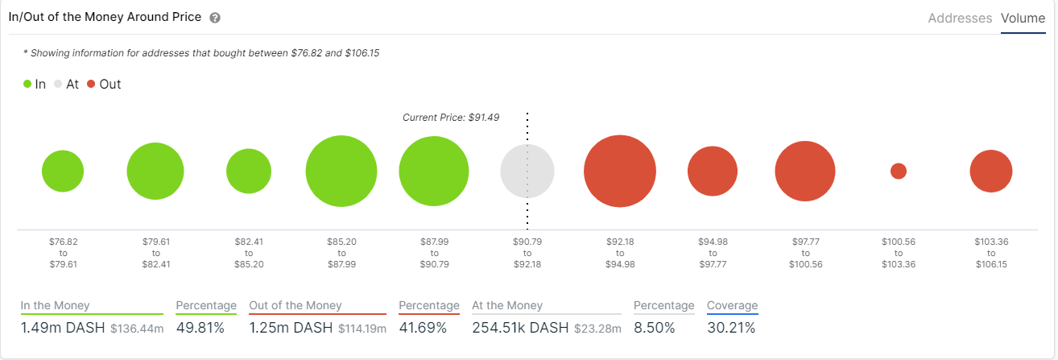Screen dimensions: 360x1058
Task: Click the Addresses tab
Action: (960, 18)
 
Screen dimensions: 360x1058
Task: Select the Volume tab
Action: (1023, 18)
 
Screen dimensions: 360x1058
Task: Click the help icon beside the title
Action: (215, 18)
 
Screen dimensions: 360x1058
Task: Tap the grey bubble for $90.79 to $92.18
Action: (527, 171)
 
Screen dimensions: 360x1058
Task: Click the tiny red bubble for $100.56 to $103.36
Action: (899, 171)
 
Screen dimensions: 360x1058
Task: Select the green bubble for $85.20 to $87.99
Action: (341, 172)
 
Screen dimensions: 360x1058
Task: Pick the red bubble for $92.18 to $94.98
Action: (620, 172)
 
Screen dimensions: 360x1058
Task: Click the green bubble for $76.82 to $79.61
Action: (63, 171)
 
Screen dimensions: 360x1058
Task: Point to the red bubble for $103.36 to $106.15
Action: (991, 171)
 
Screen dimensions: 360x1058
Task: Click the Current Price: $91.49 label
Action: (451, 118)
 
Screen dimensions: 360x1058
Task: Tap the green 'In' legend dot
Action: (27, 84)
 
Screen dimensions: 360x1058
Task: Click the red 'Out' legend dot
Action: (91, 84)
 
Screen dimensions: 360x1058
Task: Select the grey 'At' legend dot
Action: (57, 84)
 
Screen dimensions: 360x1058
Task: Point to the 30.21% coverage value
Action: (731, 328)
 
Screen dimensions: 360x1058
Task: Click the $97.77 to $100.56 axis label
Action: (805, 253)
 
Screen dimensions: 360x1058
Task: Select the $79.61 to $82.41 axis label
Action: (155, 253)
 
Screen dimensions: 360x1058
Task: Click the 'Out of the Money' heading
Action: (295, 306)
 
